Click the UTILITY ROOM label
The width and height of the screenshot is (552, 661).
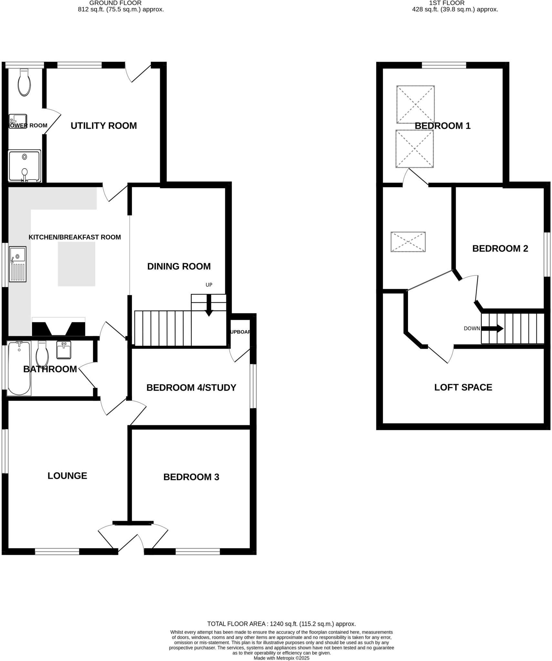(x=104, y=126)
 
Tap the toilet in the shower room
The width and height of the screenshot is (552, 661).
(x=24, y=83)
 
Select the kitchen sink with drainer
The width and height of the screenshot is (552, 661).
(x=17, y=264)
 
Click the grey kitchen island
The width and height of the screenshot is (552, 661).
(x=77, y=264)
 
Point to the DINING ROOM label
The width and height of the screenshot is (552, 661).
(x=179, y=267)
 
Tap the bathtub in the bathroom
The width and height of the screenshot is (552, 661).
(x=19, y=368)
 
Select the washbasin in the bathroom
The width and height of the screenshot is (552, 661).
(x=64, y=350)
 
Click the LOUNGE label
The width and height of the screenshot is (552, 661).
(x=67, y=476)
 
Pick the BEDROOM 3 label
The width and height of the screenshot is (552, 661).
(x=191, y=477)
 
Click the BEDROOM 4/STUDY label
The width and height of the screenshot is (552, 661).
(x=191, y=388)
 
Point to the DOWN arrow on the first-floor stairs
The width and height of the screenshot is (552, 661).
(x=492, y=329)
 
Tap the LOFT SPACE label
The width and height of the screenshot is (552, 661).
(x=463, y=387)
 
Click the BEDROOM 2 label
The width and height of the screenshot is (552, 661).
(x=500, y=249)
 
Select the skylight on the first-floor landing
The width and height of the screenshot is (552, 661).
(x=408, y=242)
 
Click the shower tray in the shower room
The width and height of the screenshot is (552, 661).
(x=25, y=166)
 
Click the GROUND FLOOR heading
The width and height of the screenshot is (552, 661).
(x=115, y=3)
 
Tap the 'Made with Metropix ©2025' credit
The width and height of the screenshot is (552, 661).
(x=281, y=658)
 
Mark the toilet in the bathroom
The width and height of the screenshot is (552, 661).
(x=42, y=354)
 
